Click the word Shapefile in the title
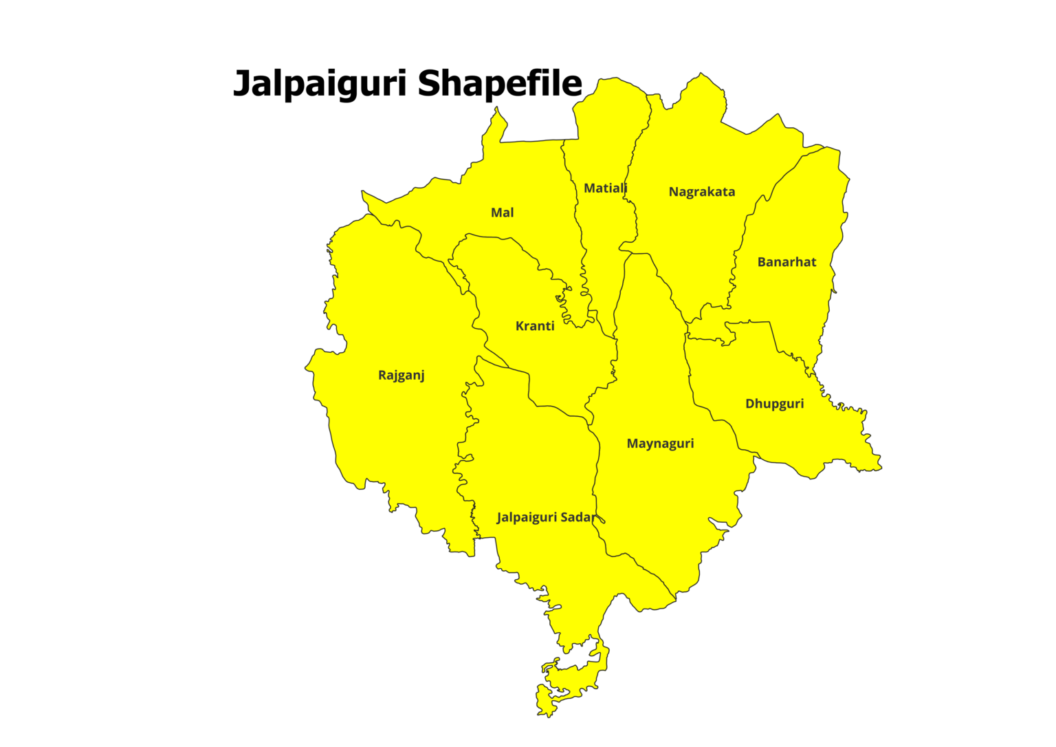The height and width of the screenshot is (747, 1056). point(500,83)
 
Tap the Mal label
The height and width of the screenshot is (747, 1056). point(502,213)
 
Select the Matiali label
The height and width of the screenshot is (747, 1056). point(605,188)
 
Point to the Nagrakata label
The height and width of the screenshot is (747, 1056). point(701,192)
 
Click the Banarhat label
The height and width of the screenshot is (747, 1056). point(786,262)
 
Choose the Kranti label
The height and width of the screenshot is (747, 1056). point(534,326)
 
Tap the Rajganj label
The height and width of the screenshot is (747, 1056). point(401,376)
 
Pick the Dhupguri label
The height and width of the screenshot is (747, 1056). point(774,404)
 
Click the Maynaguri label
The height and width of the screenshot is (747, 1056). point(660,444)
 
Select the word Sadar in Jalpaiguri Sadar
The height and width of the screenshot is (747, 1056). point(577,517)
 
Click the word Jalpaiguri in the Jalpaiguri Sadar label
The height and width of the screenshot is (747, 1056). point(527,517)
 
